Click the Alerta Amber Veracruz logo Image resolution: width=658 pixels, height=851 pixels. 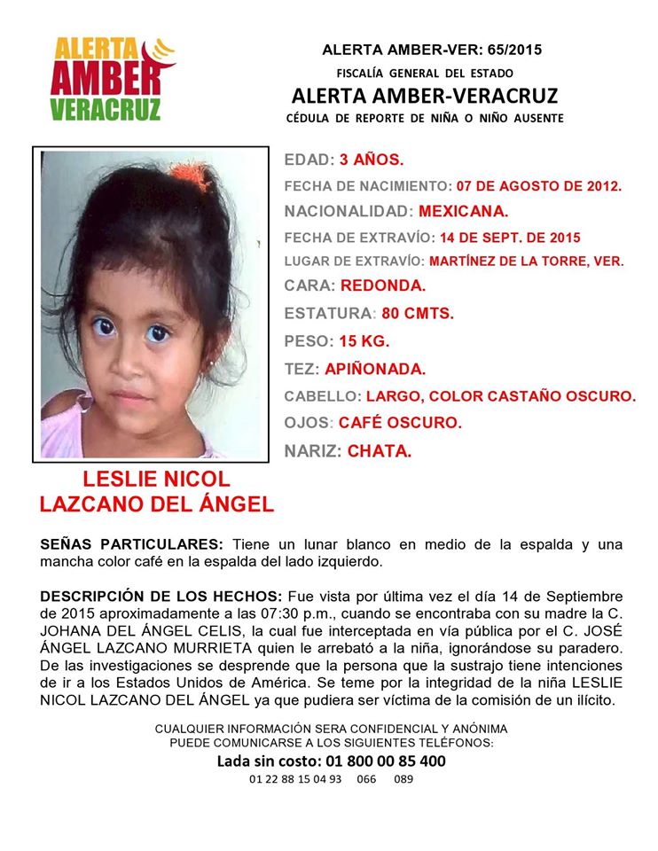(111, 78)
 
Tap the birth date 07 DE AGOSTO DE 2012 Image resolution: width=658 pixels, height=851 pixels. (539, 187)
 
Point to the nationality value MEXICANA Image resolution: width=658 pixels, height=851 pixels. (464, 212)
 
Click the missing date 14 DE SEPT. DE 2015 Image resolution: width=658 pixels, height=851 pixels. (507, 238)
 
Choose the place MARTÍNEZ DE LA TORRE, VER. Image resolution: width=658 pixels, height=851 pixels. (526, 262)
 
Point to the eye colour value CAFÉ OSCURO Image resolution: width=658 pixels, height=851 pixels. (400, 423)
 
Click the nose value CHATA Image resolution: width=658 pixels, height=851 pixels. (380, 451)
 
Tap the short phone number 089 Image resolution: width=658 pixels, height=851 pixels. (403, 779)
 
